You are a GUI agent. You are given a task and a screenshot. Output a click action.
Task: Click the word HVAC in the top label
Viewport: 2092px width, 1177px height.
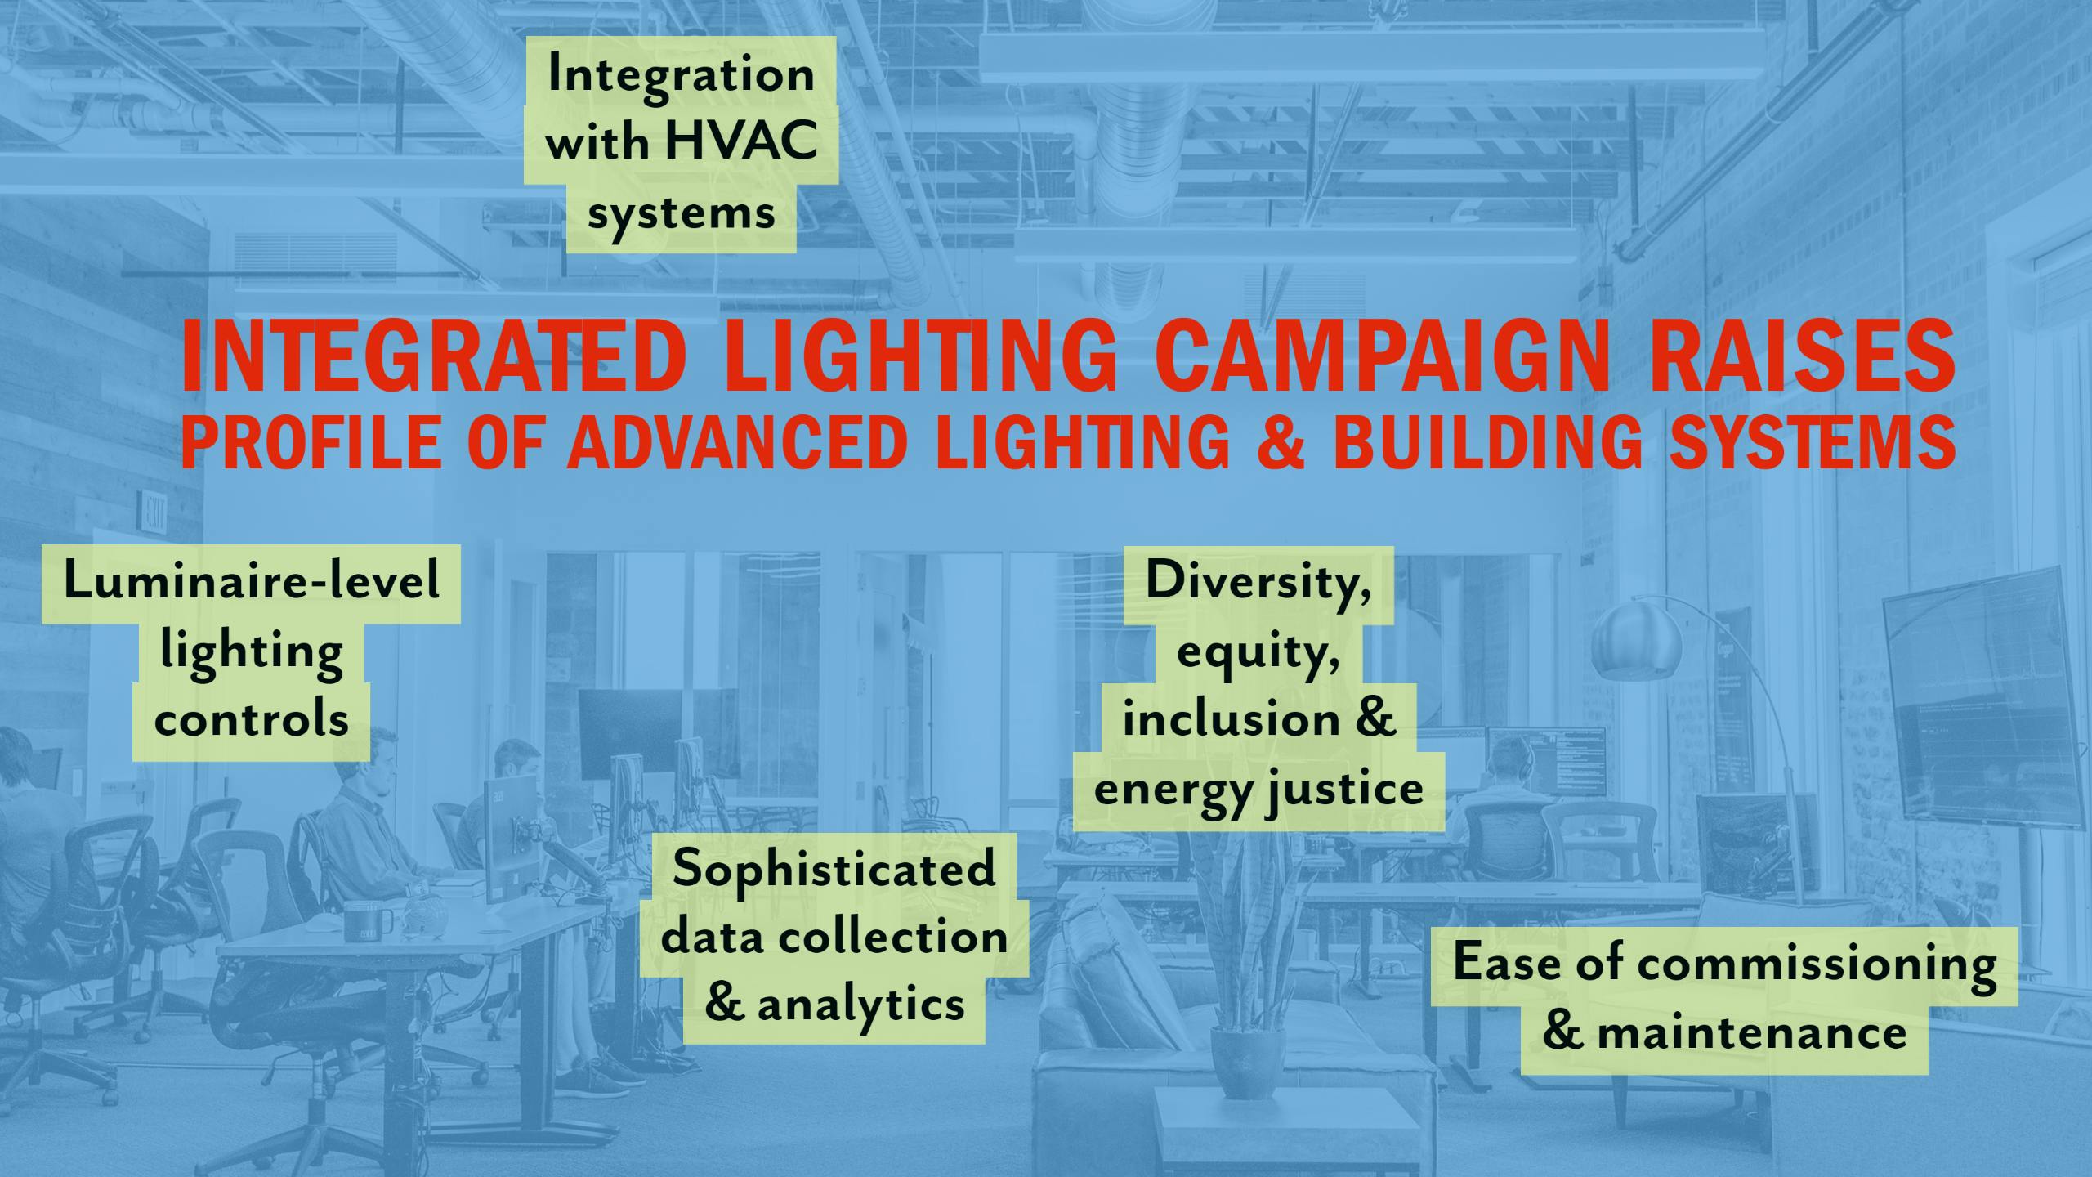pyautogui.click(x=741, y=140)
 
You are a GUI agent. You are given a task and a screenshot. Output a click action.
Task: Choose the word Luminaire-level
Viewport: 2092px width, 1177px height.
pyautogui.click(x=252, y=581)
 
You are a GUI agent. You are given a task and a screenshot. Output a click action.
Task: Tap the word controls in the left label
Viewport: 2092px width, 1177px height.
pyautogui.click(x=252, y=720)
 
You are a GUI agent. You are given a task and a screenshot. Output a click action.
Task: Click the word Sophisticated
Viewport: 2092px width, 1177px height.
pyautogui.click(x=834, y=870)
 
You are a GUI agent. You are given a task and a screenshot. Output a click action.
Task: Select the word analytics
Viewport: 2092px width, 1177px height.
pyautogui.click(x=860, y=1005)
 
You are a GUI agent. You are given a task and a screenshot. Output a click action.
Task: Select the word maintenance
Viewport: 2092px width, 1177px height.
pyautogui.click(x=1752, y=1032)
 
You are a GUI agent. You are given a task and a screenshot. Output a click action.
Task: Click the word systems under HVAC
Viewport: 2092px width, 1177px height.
pyautogui.click(x=681, y=214)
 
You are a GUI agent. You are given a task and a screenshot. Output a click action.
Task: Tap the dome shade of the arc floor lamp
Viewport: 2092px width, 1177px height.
pyautogui.click(x=1637, y=642)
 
